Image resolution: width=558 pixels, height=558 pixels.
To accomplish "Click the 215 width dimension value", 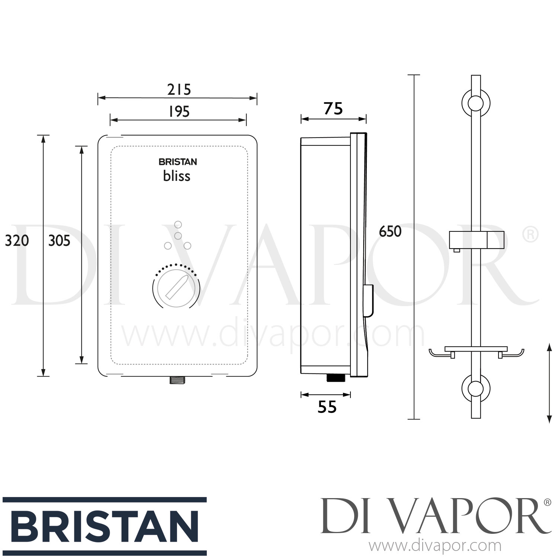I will pos(179,90).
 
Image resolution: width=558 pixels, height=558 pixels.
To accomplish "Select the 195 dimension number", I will pos(179,111).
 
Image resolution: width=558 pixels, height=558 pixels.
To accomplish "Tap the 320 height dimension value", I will pos(17,241).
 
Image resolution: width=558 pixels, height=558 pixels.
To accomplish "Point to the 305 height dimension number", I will pos(59,241).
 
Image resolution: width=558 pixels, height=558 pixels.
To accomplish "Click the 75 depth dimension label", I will pos(333,109).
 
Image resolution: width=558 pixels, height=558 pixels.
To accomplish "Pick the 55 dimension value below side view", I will pos(327,407).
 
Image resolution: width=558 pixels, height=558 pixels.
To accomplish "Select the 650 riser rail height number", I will pos(390,231).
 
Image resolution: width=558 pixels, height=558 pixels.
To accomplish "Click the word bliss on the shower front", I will pos(177,176).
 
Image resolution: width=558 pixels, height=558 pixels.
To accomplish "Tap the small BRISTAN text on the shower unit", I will pos(178,162).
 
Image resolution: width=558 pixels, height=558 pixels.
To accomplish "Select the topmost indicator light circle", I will pos(178,225).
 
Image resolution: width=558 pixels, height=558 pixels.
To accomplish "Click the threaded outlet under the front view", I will pos(177,380).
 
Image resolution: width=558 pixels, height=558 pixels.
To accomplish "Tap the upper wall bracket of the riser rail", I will pos(476,103).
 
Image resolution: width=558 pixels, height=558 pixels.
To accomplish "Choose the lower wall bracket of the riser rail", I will pos(476,389).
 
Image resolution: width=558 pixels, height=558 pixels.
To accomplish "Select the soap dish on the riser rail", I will pos(476,352).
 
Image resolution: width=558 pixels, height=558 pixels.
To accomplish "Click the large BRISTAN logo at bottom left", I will pos(104,526).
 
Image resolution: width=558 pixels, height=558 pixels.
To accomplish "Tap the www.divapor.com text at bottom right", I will pos(434,546).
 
